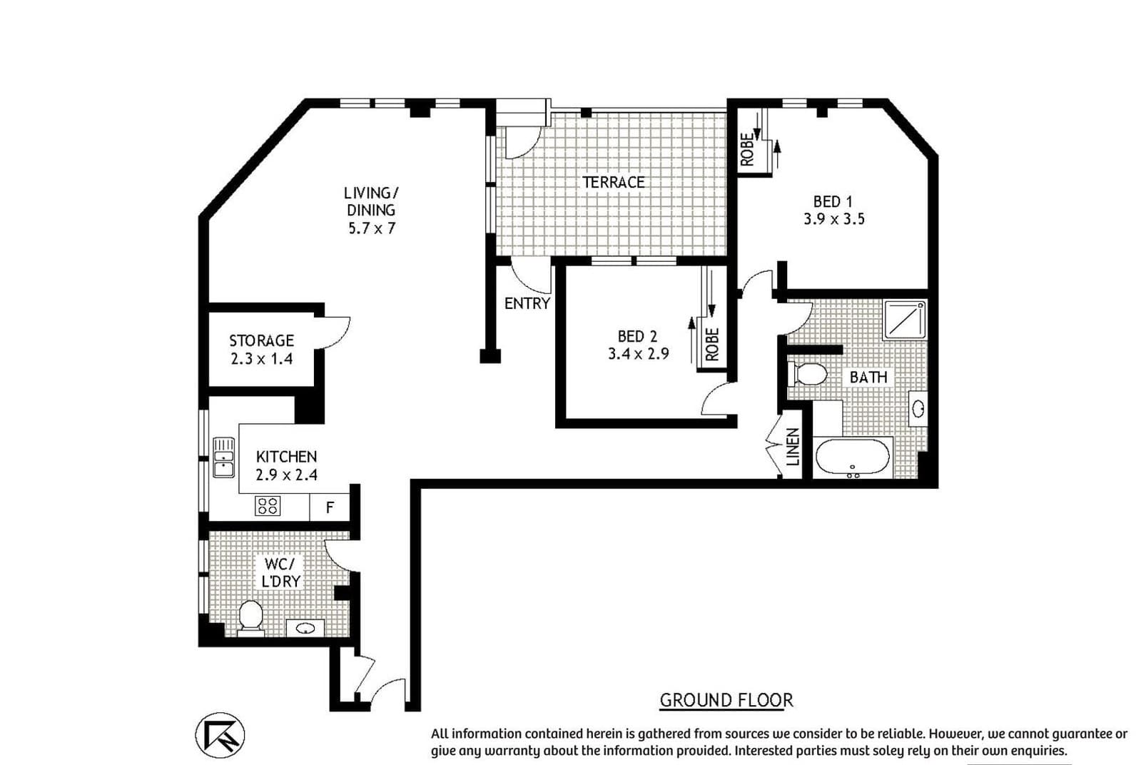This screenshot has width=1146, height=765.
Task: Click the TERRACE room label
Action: [x=614, y=182]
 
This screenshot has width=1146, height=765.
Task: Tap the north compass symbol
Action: [x=220, y=735]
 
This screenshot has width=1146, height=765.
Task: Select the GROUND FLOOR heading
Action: [x=726, y=700]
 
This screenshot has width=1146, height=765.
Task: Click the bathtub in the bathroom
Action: [x=852, y=457]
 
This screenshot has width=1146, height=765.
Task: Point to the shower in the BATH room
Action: [x=905, y=319]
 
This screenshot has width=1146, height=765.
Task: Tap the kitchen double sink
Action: [x=223, y=457]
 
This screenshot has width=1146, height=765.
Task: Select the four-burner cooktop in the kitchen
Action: [x=268, y=506]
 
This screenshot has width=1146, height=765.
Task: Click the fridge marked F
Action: [x=330, y=507]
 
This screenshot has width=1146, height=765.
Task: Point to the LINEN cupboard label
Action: [x=793, y=447]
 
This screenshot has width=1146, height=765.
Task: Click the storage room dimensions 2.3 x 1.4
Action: [x=261, y=359]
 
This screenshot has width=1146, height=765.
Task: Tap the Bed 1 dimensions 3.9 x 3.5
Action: [x=834, y=219]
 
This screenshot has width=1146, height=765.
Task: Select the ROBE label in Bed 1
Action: [x=747, y=149]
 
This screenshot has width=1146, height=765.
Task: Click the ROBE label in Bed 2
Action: [x=712, y=345]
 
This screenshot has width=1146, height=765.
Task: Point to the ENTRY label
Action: [x=527, y=303]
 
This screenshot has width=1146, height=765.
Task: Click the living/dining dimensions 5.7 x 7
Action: [x=372, y=228]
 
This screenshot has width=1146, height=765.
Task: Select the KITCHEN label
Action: [x=287, y=457]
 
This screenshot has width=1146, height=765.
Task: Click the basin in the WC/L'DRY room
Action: [x=305, y=627]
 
